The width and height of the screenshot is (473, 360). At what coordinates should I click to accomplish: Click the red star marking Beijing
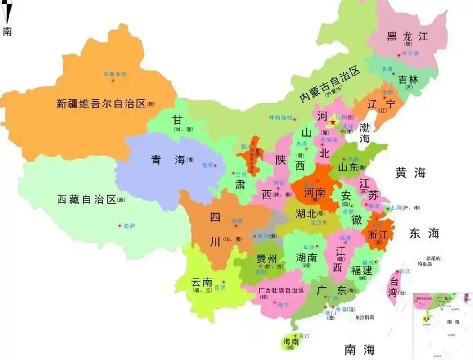coord(333,122)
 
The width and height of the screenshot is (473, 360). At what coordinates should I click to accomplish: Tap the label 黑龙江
coord(407,37)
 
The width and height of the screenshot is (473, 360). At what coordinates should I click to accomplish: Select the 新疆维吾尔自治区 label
coord(101,104)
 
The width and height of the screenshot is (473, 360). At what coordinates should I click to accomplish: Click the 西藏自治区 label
coord(87,200)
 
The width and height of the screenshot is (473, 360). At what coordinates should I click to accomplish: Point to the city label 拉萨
coord(129,225)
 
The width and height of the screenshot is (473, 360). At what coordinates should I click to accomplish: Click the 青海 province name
coord(168,160)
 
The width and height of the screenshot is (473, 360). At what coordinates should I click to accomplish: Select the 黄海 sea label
coord(410,173)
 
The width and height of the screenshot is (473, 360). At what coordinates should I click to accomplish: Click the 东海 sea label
coord(424,233)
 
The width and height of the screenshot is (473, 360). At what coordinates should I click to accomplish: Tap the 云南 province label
coord(201,282)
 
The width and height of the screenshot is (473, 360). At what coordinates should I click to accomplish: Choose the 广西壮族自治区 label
coord(282,291)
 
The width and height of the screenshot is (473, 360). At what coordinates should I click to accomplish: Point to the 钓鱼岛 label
coord(424,265)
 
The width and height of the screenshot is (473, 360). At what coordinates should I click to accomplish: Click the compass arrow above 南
coord(6,12)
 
